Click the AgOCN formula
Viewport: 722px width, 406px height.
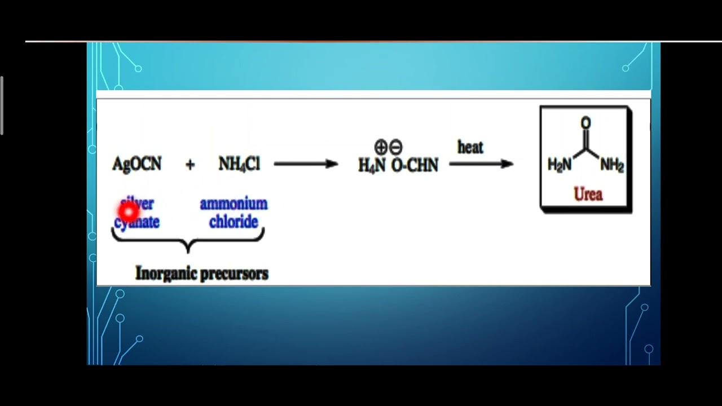(137, 164)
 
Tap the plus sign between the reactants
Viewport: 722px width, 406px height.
(190, 165)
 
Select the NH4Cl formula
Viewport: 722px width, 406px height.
(239, 164)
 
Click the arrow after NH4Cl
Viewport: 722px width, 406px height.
(306, 164)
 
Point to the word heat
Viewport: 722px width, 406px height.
(470, 148)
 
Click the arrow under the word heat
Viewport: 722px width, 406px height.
(481, 164)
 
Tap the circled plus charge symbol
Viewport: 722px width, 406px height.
(381, 148)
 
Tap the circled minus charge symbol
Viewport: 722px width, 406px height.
(395, 148)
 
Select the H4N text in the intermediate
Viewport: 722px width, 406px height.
(372, 166)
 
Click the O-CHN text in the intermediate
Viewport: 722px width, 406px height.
(415, 166)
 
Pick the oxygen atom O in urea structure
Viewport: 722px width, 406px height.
(585, 123)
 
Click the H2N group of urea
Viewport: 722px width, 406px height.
(560, 165)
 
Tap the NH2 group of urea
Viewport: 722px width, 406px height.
(612, 165)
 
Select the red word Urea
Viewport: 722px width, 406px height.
(588, 195)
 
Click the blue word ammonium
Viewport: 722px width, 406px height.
(234, 204)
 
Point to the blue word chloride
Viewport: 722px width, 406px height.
(234, 222)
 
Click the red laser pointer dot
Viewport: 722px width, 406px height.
(129, 211)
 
